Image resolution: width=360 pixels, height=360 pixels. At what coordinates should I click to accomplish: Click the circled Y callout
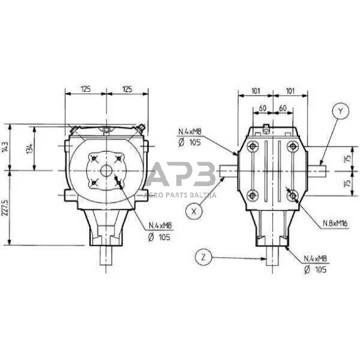(x=339, y=111)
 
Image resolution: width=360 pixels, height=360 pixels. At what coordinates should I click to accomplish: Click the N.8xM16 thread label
(x=335, y=225)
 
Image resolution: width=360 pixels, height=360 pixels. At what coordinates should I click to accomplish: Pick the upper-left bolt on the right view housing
(x=252, y=146)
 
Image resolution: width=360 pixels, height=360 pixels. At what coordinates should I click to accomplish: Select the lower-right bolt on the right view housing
(x=293, y=195)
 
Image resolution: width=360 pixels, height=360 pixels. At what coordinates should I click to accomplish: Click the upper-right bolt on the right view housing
(x=293, y=146)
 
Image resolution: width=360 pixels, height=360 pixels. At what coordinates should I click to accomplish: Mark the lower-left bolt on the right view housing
(x=252, y=195)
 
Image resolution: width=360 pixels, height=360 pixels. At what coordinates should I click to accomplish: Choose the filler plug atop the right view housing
(x=268, y=127)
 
